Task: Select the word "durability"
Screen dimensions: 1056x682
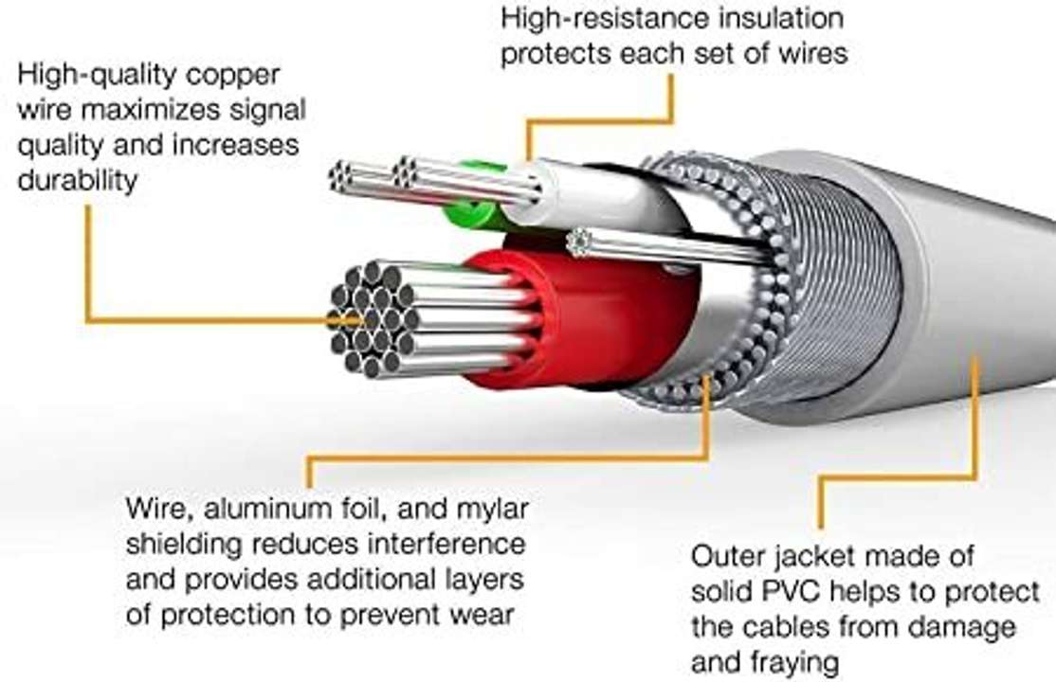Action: tap(78, 180)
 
